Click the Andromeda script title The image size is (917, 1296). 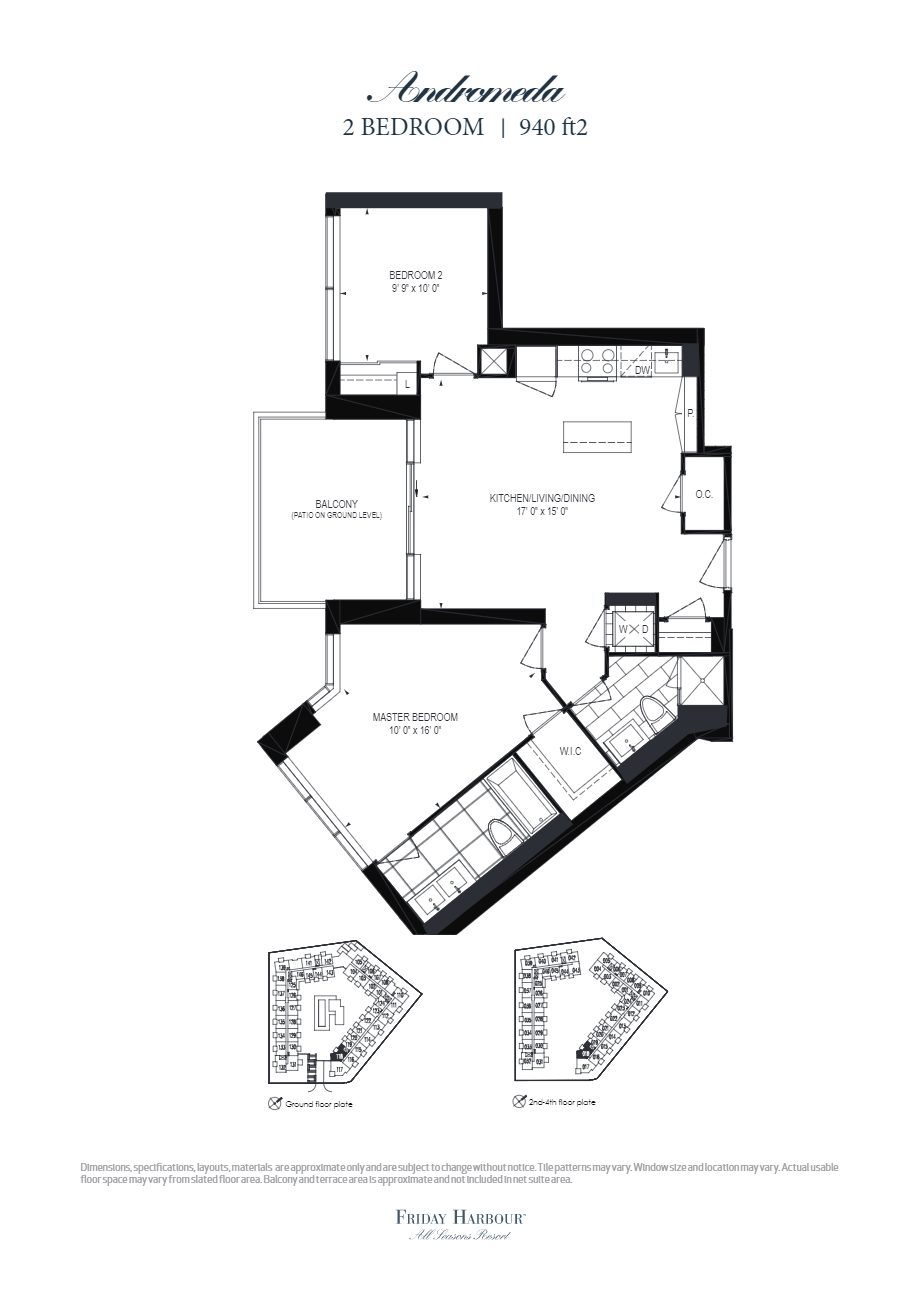coord(465,92)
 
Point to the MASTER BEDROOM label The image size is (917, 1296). coord(414,717)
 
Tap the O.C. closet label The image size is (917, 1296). coord(704,495)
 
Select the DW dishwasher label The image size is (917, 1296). coord(642,370)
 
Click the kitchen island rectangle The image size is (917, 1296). coord(597,436)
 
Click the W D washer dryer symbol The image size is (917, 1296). coord(632,628)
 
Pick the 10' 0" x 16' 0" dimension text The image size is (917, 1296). coord(414,730)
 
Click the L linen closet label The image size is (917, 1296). coord(407,383)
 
